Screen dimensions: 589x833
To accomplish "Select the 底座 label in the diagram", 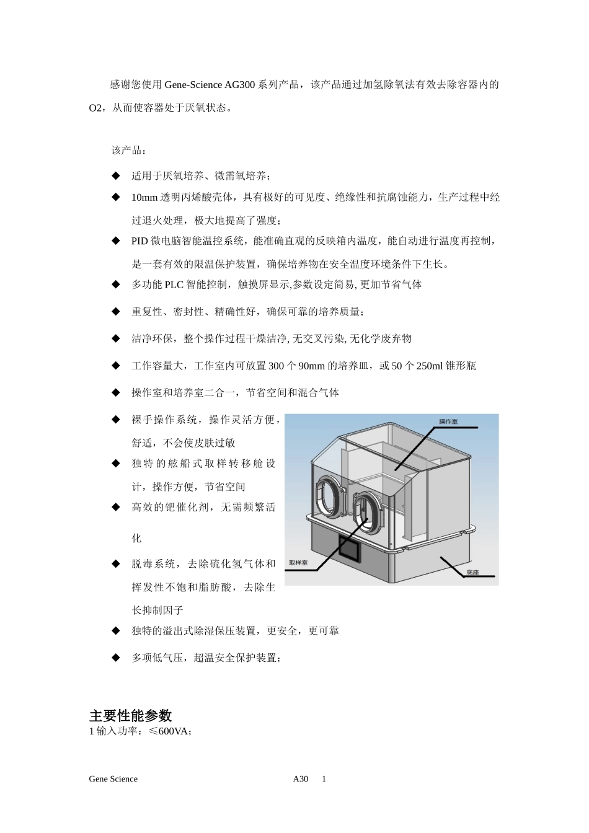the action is click(x=472, y=573).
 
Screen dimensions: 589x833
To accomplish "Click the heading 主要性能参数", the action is click(x=130, y=716).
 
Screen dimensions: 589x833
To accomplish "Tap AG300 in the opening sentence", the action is click(x=239, y=85).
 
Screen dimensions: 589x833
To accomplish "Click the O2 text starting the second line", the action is click(x=95, y=108).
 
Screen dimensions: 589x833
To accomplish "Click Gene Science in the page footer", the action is click(x=113, y=779).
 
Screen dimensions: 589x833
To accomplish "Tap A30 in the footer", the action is click(x=301, y=779).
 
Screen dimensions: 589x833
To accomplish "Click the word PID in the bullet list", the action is click(x=139, y=241).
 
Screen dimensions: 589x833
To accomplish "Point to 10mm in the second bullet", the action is click(x=144, y=198).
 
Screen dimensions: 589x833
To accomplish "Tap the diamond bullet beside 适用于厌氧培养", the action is click(x=115, y=175).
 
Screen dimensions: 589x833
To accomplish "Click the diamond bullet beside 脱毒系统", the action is click(x=115, y=564).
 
